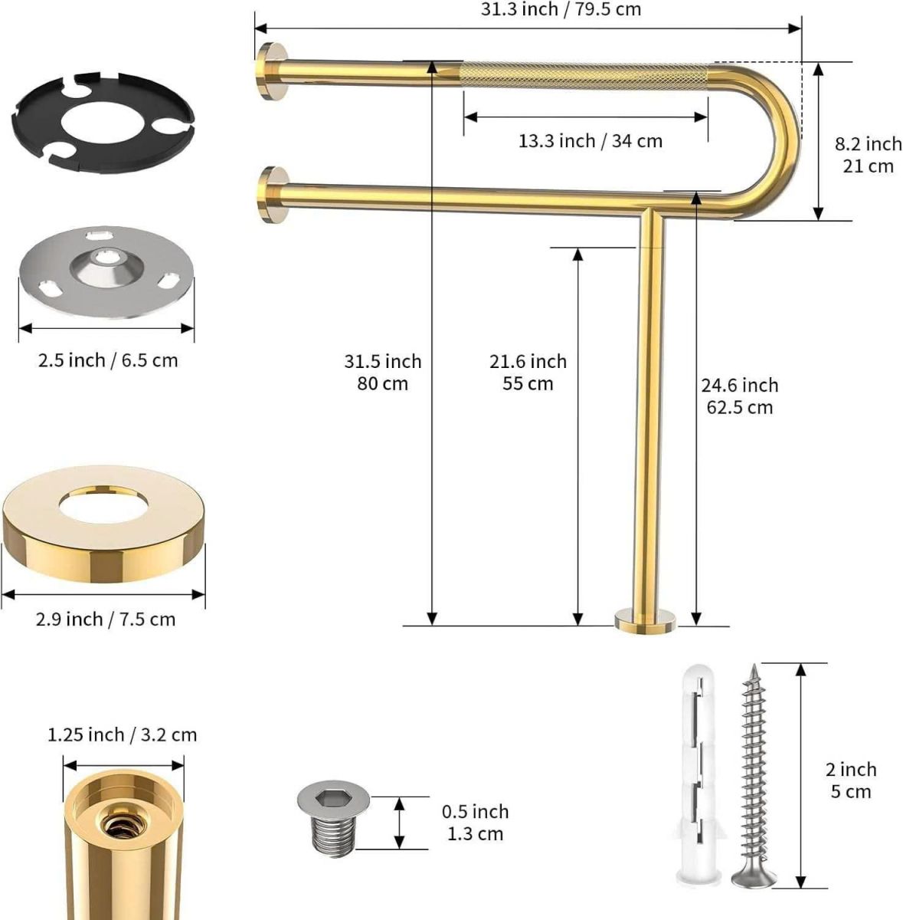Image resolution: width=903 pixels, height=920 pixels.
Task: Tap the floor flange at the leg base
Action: (x=645, y=621)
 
